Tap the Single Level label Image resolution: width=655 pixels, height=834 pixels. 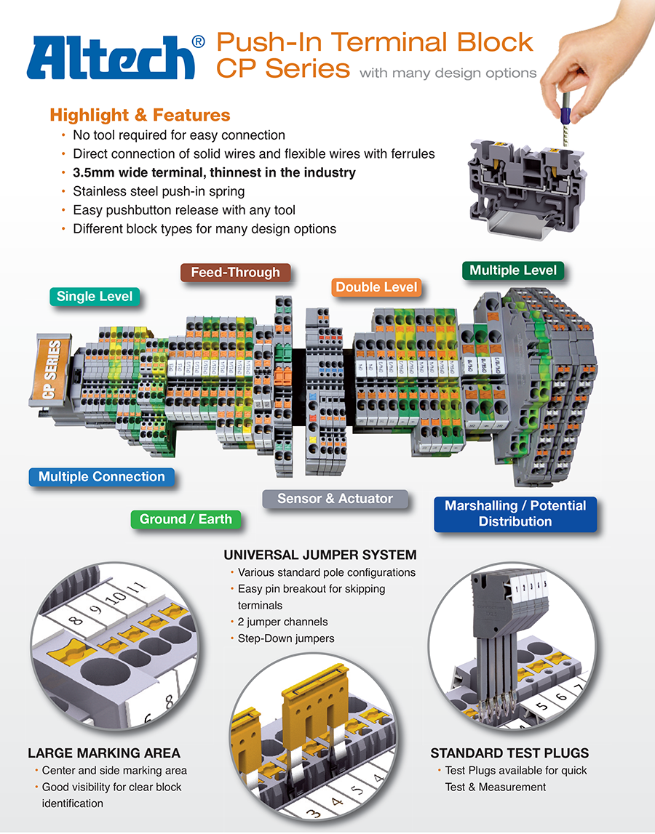(95, 297)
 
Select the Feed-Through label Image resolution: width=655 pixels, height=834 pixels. (235, 273)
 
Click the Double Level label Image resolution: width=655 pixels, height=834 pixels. (376, 287)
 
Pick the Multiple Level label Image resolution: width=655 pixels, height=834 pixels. (512, 270)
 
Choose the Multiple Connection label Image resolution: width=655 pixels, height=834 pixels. (102, 477)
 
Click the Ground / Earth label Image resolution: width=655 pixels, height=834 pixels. (186, 519)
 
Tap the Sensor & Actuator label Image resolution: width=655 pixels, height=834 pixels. (335, 499)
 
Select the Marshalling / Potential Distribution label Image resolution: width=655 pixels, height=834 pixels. (515, 513)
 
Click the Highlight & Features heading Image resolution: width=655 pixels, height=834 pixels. (140, 115)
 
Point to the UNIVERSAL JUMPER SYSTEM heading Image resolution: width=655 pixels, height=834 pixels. (320, 555)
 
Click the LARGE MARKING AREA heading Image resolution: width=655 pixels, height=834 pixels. (104, 753)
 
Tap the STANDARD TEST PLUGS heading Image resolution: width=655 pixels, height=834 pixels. (509, 753)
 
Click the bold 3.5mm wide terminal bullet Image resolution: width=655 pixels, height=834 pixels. (214, 172)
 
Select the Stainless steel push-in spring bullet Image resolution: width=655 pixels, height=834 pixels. (159, 191)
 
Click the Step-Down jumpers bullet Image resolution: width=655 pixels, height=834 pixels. (286, 638)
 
